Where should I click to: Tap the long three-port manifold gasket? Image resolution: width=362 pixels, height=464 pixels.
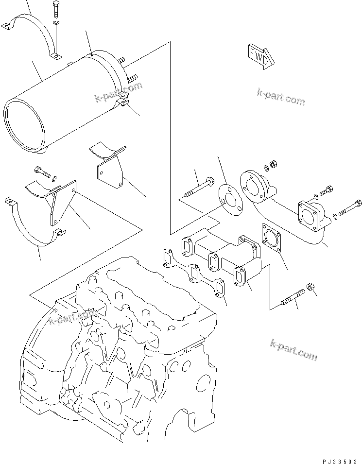point(192,274)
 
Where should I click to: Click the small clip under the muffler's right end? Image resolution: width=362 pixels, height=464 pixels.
point(124,102)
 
